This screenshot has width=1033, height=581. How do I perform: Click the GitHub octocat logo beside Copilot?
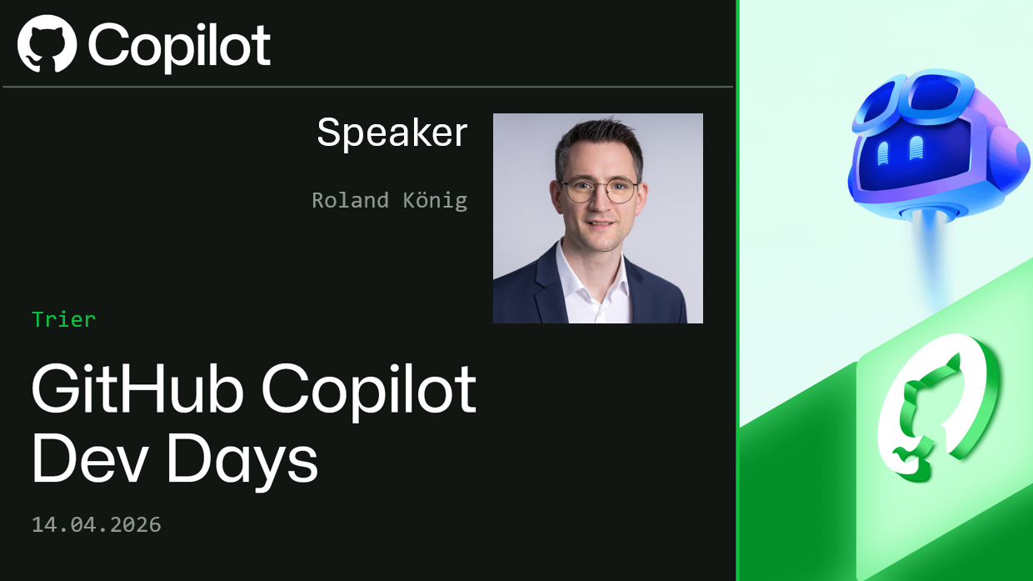47,44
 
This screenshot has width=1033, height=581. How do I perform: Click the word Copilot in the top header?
179,45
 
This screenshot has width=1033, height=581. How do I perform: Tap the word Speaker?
392,133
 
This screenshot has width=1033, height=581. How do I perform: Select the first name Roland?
350,200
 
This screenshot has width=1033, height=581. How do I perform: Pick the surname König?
435,200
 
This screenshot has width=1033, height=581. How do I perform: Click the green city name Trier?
64,319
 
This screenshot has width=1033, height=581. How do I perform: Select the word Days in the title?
242,460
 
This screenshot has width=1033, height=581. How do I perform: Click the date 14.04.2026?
97,524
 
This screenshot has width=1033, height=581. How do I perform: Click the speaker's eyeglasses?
600,191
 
